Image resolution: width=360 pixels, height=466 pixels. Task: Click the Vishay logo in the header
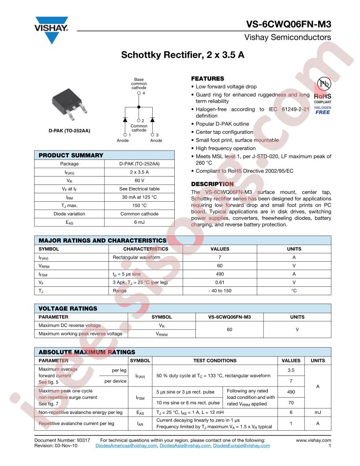[52, 29]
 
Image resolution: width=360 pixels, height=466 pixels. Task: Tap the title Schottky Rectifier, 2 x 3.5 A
[183, 56]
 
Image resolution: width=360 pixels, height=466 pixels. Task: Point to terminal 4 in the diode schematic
[139, 94]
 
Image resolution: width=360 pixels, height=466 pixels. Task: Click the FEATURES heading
[207, 79]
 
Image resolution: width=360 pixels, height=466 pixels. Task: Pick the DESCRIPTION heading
[212, 184]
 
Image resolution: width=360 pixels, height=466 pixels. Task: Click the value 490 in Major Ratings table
[220, 274]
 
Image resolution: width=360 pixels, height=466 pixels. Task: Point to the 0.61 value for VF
[220, 282]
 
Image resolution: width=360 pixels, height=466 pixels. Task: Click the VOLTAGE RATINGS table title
[68, 308]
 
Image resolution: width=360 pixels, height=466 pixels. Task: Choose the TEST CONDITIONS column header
[215, 361]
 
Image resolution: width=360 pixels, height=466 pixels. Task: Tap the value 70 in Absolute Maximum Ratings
[291, 403]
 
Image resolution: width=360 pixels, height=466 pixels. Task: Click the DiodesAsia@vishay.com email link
[185, 446]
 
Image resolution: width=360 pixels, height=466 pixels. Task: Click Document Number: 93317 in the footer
[62, 440]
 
